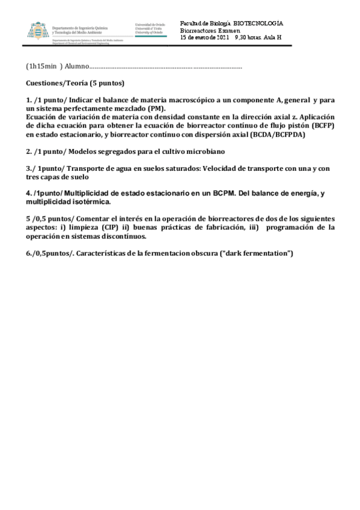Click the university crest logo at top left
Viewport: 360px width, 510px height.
pos(37,30)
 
